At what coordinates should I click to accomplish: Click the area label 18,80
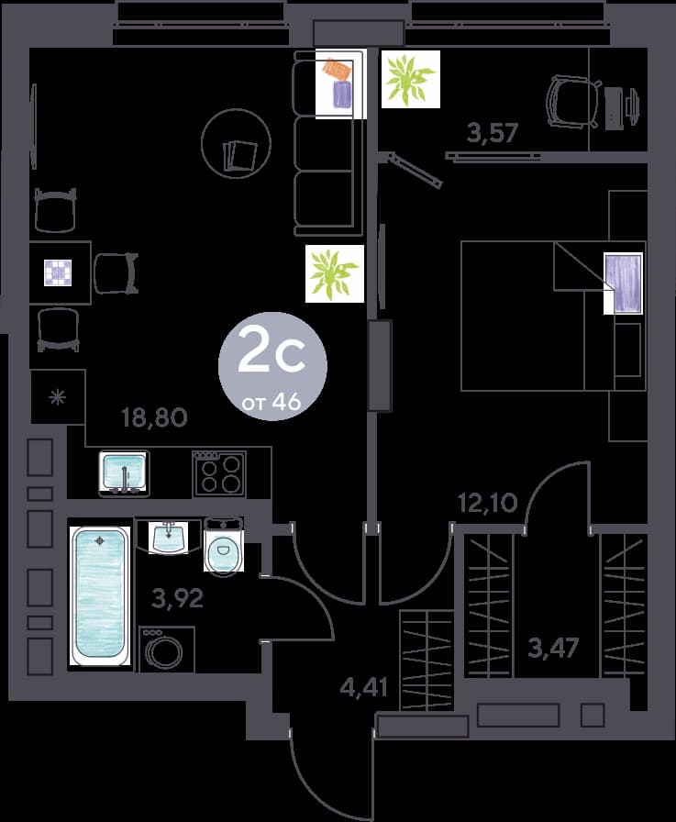154,417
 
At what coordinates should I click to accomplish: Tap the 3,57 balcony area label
493,133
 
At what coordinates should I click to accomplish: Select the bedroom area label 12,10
488,504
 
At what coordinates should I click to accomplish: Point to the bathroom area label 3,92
177,597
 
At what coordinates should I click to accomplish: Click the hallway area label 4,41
364,687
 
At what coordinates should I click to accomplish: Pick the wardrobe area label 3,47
553,648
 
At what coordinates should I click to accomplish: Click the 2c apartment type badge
272,366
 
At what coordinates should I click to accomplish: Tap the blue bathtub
100,595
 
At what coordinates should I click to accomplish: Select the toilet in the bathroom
223,546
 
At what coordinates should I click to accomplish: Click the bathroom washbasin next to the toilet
168,537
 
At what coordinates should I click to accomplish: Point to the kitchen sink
124,472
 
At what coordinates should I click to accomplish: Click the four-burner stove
219,474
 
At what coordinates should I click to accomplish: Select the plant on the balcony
410,79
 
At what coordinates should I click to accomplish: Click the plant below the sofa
335,273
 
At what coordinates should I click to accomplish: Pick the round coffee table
237,143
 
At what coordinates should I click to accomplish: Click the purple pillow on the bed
624,283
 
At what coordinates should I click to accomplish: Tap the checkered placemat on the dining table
58,273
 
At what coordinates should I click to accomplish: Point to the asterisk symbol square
58,397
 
